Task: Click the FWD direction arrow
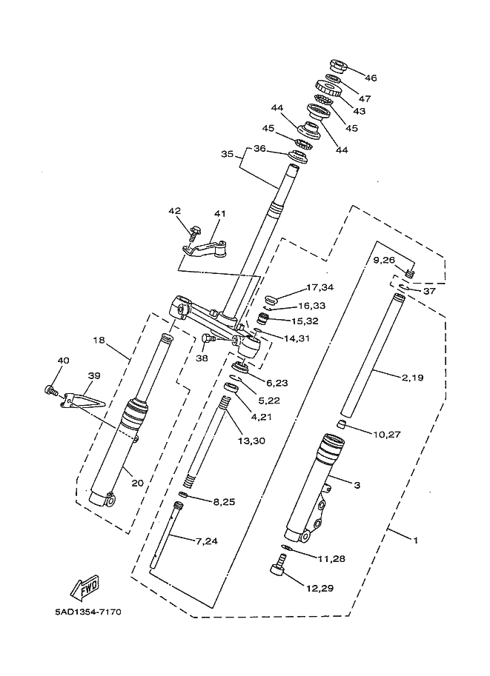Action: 85,588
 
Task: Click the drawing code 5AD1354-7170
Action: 88,612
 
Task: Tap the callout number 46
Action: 371,78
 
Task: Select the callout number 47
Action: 365,98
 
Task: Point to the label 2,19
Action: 413,378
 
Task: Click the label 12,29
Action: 320,588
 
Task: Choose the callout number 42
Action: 174,211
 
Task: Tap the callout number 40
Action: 64,361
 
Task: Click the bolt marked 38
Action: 208,340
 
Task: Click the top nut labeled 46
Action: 337,66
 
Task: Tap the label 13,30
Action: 251,441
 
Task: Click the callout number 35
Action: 227,154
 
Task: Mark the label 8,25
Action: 224,502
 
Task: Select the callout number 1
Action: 416,540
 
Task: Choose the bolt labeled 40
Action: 51,391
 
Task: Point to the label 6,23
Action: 277,383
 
